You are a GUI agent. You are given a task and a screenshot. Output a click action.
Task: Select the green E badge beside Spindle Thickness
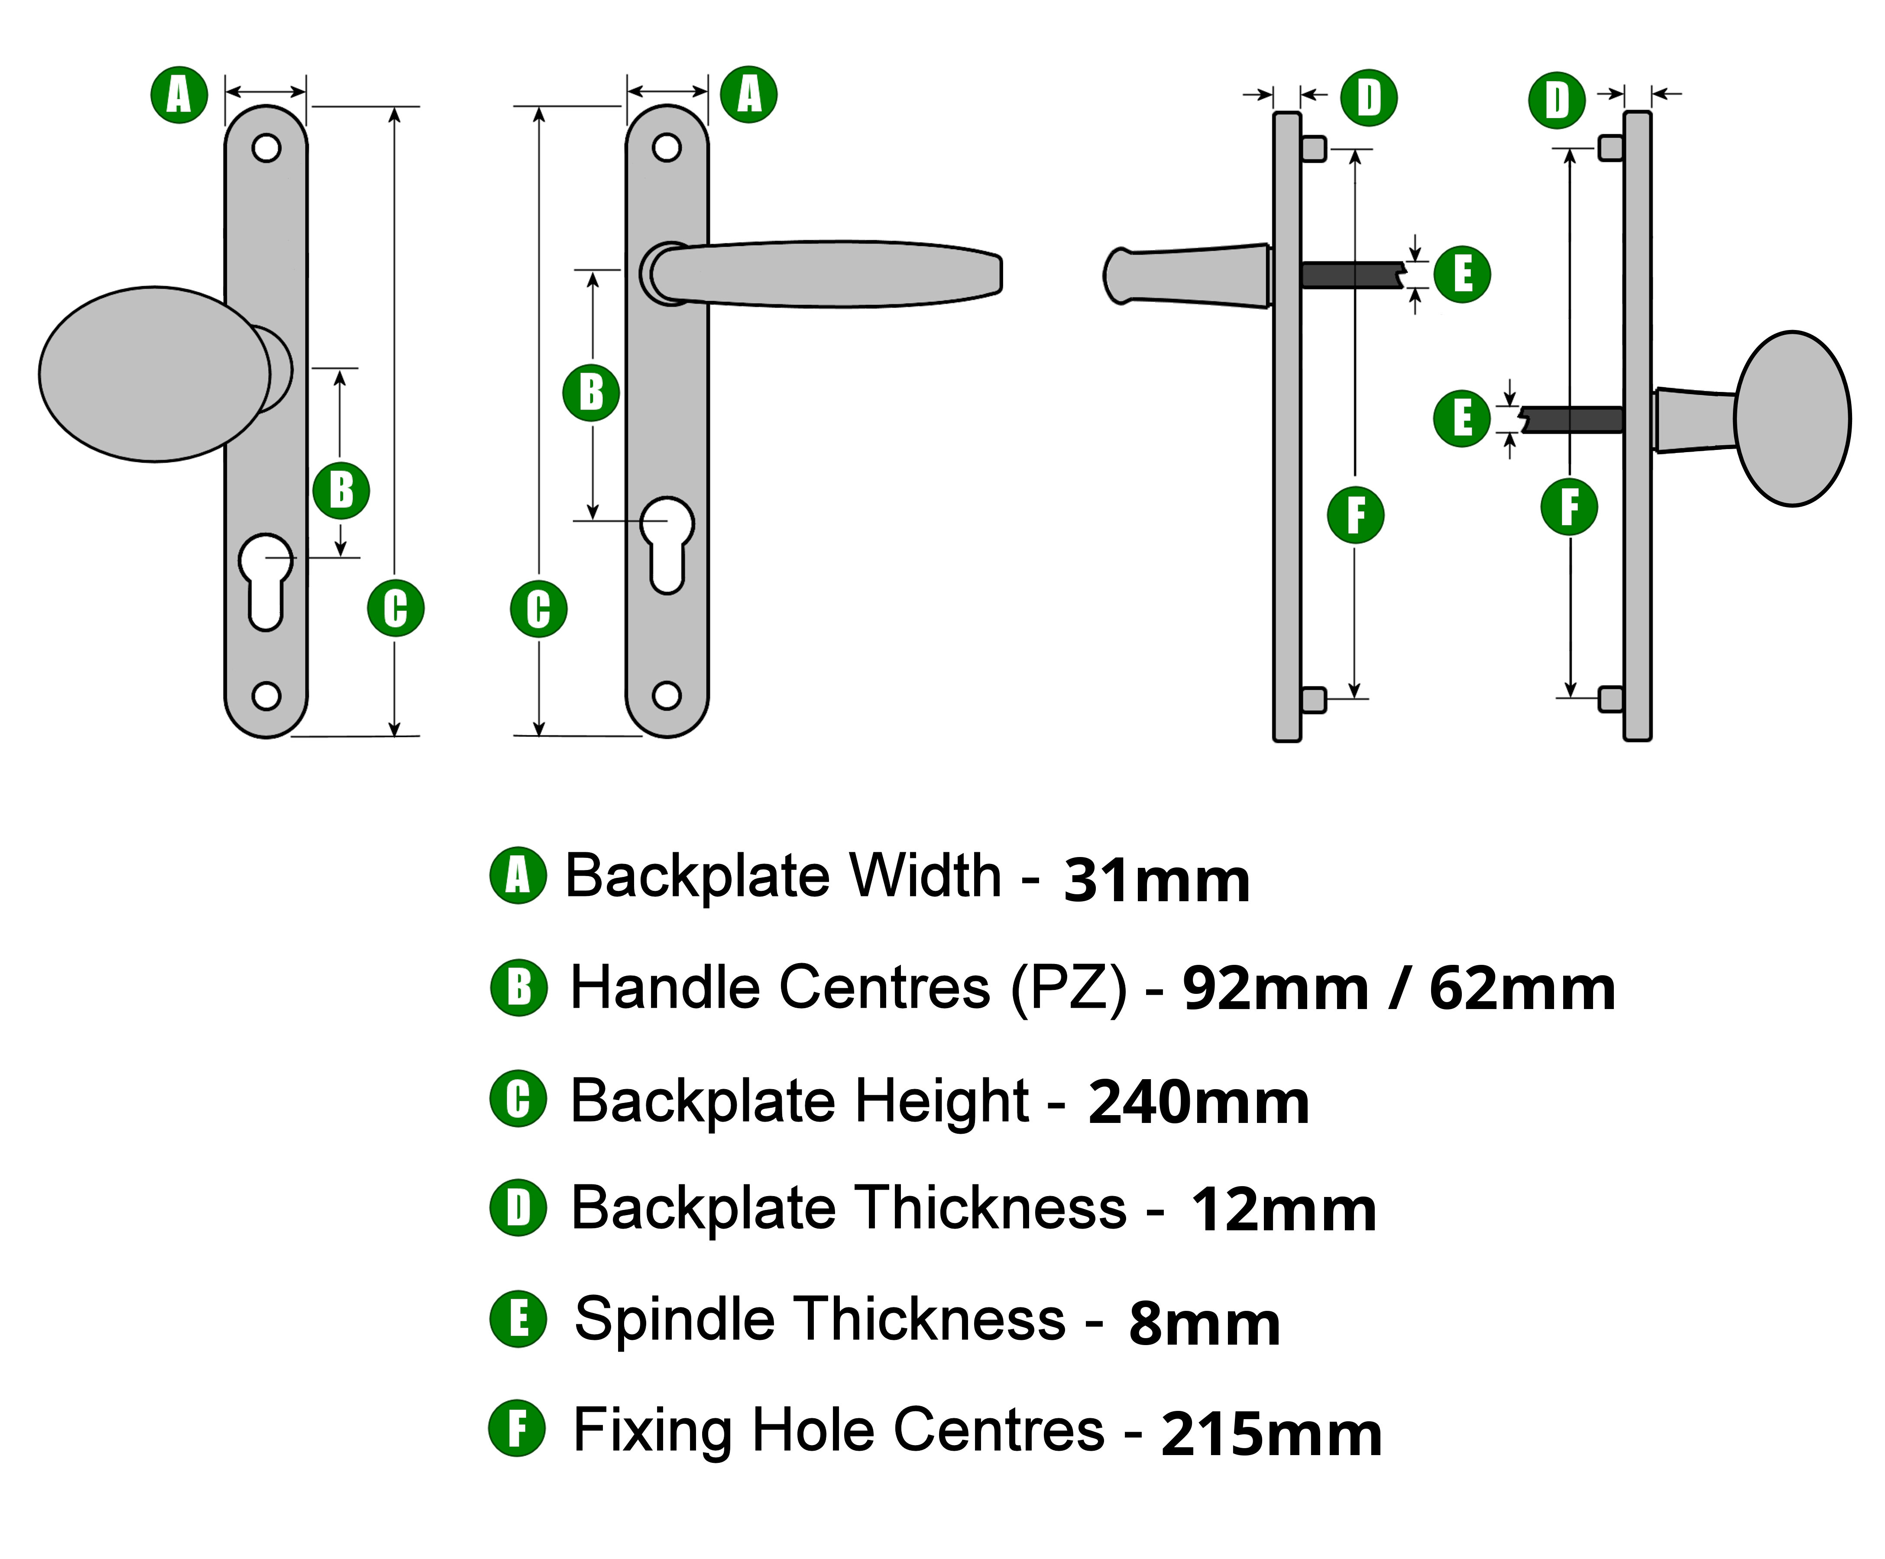[x=518, y=1320]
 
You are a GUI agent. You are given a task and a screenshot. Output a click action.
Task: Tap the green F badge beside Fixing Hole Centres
[x=517, y=1429]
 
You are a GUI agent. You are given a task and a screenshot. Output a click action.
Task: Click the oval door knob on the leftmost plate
[x=152, y=374]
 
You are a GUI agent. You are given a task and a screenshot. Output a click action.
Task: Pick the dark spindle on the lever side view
[x=1351, y=275]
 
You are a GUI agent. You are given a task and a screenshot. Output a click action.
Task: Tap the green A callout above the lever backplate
[x=748, y=94]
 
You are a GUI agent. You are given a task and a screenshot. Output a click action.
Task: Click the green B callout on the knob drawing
[x=341, y=490]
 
